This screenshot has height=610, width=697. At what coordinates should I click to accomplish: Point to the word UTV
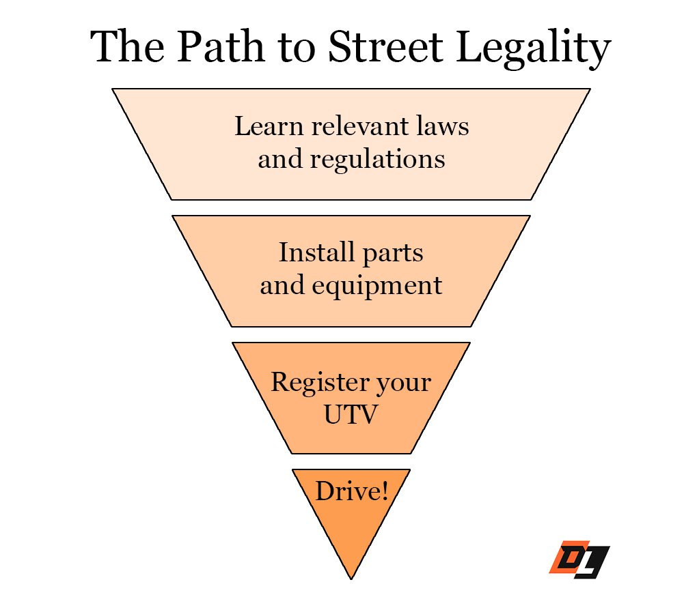point(351,414)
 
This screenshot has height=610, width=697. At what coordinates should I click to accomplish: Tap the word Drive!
point(351,491)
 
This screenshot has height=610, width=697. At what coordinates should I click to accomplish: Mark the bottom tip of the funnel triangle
point(351,577)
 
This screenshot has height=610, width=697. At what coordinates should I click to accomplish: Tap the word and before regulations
point(279,160)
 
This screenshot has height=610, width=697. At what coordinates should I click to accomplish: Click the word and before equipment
point(282,285)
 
